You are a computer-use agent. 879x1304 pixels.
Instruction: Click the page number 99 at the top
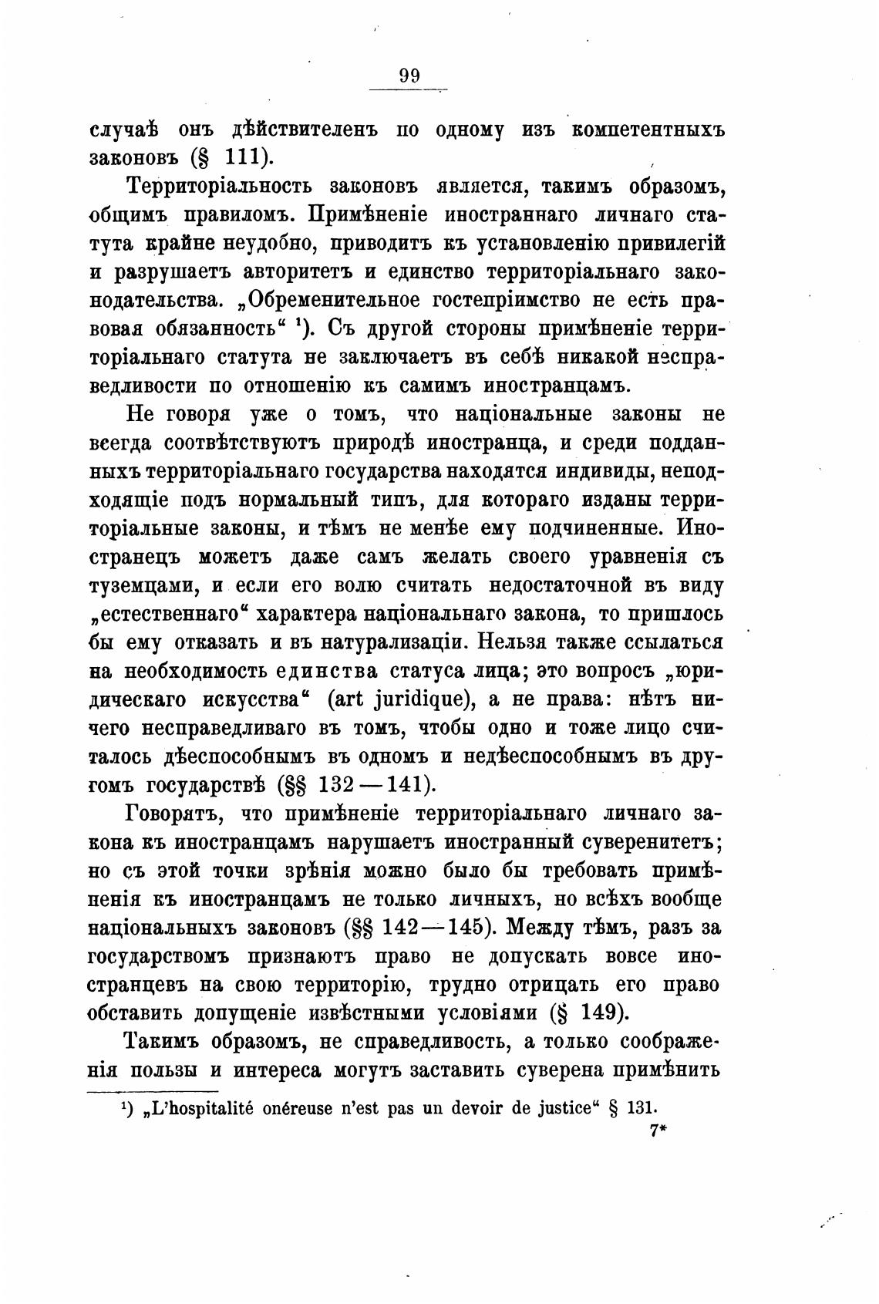coord(409,76)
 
